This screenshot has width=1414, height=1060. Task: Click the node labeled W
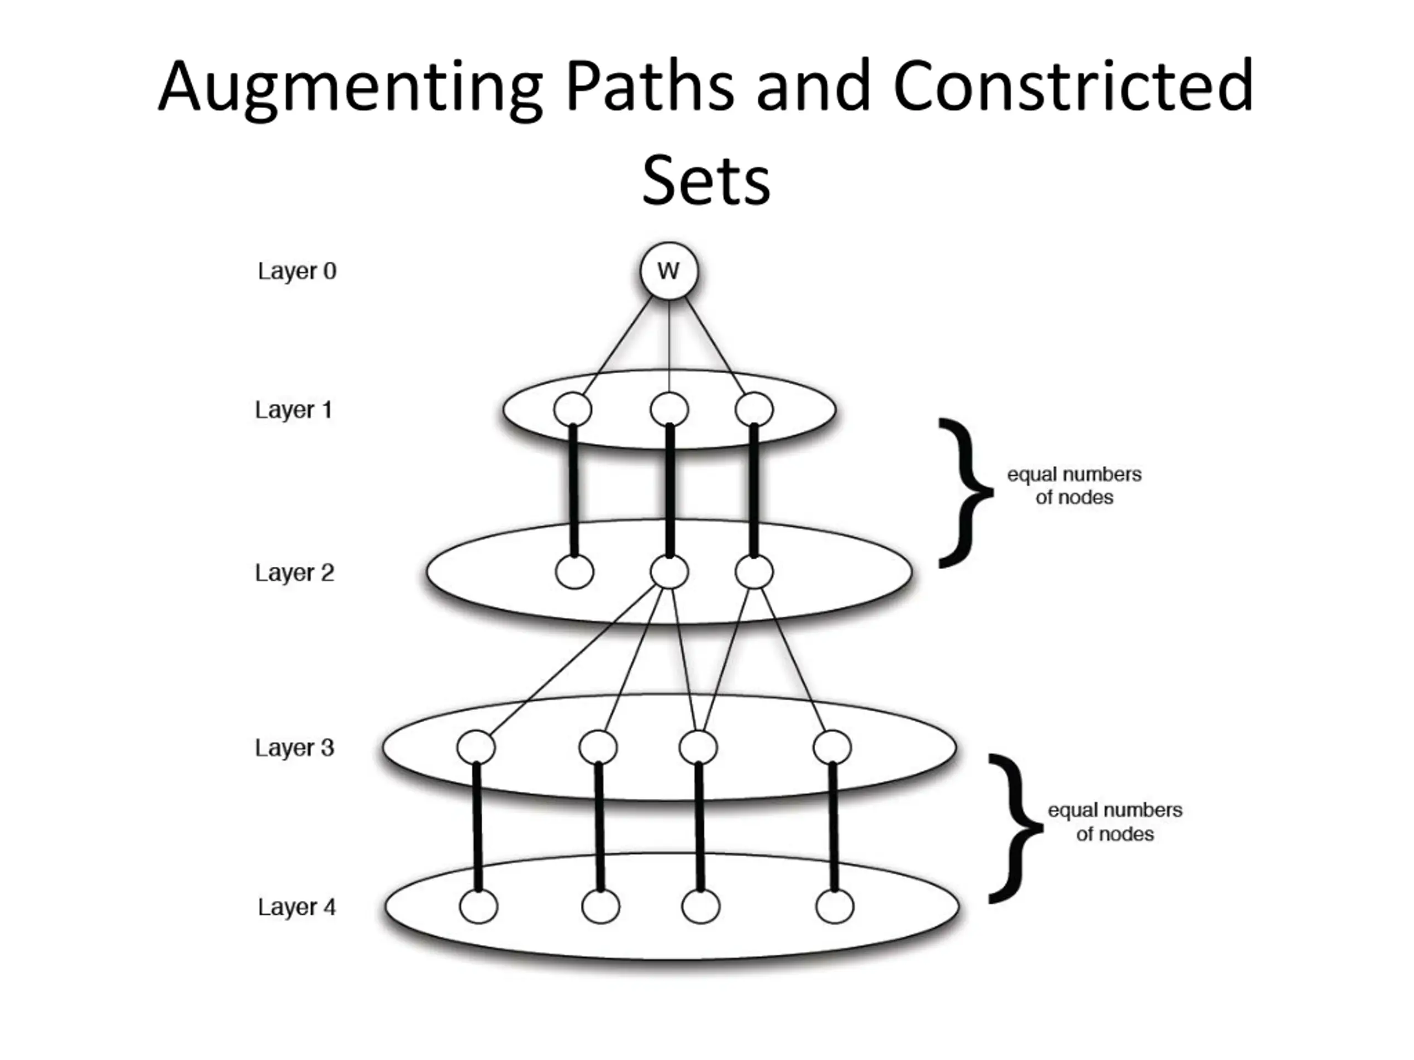click(669, 271)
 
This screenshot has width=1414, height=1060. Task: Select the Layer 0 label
click(297, 271)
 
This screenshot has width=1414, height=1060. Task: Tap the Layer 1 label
click(294, 410)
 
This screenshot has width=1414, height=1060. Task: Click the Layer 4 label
click(297, 907)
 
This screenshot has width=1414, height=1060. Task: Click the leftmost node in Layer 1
click(573, 409)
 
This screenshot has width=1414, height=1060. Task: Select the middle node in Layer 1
click(669, 409)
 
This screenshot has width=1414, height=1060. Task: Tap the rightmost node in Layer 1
click(755, 409)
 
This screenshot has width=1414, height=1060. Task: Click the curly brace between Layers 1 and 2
click(965, 492)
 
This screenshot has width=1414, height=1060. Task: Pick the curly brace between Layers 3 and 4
click(1016, 829)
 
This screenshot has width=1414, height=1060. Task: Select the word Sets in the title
click(706, 179)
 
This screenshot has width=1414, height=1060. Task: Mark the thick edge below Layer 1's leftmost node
click(573, 490)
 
